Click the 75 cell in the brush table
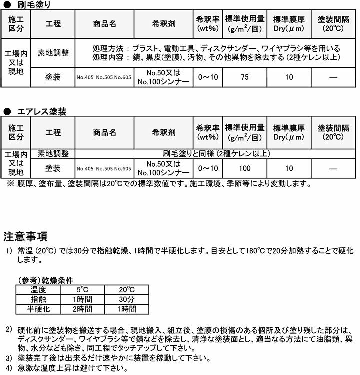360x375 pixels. [244, 77]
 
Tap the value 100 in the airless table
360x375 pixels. [244, 169]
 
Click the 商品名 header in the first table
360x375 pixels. [104, 23]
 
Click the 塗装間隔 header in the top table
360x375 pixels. [333, 23]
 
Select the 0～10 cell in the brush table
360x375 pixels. [208, 77]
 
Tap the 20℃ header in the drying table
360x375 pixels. [126, 290]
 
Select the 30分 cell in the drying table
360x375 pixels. [126, 299]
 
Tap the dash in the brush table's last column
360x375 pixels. [333, 77]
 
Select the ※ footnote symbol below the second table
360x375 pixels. [10, 184]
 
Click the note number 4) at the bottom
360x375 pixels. [8, 369]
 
